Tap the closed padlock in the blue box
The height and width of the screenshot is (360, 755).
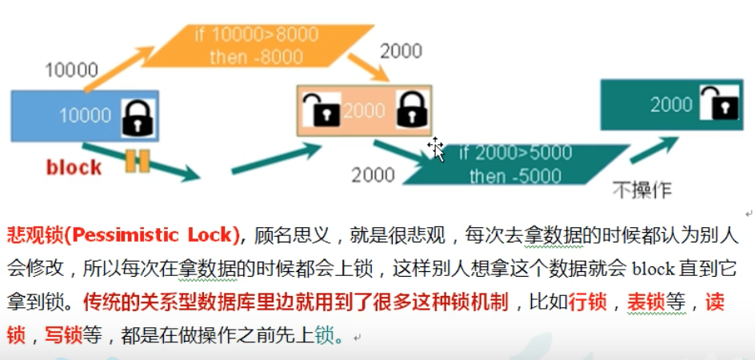coord(137,118)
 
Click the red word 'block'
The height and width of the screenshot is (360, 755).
coord(74,167)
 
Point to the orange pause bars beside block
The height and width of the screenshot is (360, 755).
coord(137,161)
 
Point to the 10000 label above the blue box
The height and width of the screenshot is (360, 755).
coord(71,70)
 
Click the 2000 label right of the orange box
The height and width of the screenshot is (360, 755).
coord(401,51)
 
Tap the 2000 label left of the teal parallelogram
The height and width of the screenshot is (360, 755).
coord(373,174)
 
